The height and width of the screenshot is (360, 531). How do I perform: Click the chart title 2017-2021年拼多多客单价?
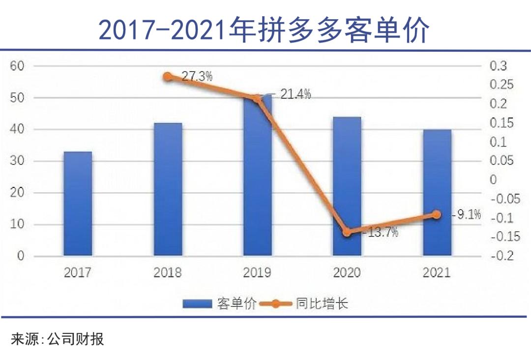(x=265, y=30)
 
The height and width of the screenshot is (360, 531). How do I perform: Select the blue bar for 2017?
(x=78, y=204)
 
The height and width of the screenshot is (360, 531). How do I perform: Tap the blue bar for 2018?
(x=168, y=189)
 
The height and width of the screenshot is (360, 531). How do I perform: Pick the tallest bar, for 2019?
(x=257, y=177)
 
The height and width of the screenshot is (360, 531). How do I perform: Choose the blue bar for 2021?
(x=437, y=193)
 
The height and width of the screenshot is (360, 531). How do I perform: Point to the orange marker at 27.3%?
(x=168, y=77)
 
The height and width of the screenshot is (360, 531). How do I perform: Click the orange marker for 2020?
(x=347, y=232)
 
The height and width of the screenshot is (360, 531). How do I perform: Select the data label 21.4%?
(x=295, y=94)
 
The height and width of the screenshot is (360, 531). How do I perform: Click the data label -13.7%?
(x=380, y=233)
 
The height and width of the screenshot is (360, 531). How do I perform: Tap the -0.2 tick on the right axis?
(x=501, y=256)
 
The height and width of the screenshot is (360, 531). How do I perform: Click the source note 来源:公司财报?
(x=57, y=339)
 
